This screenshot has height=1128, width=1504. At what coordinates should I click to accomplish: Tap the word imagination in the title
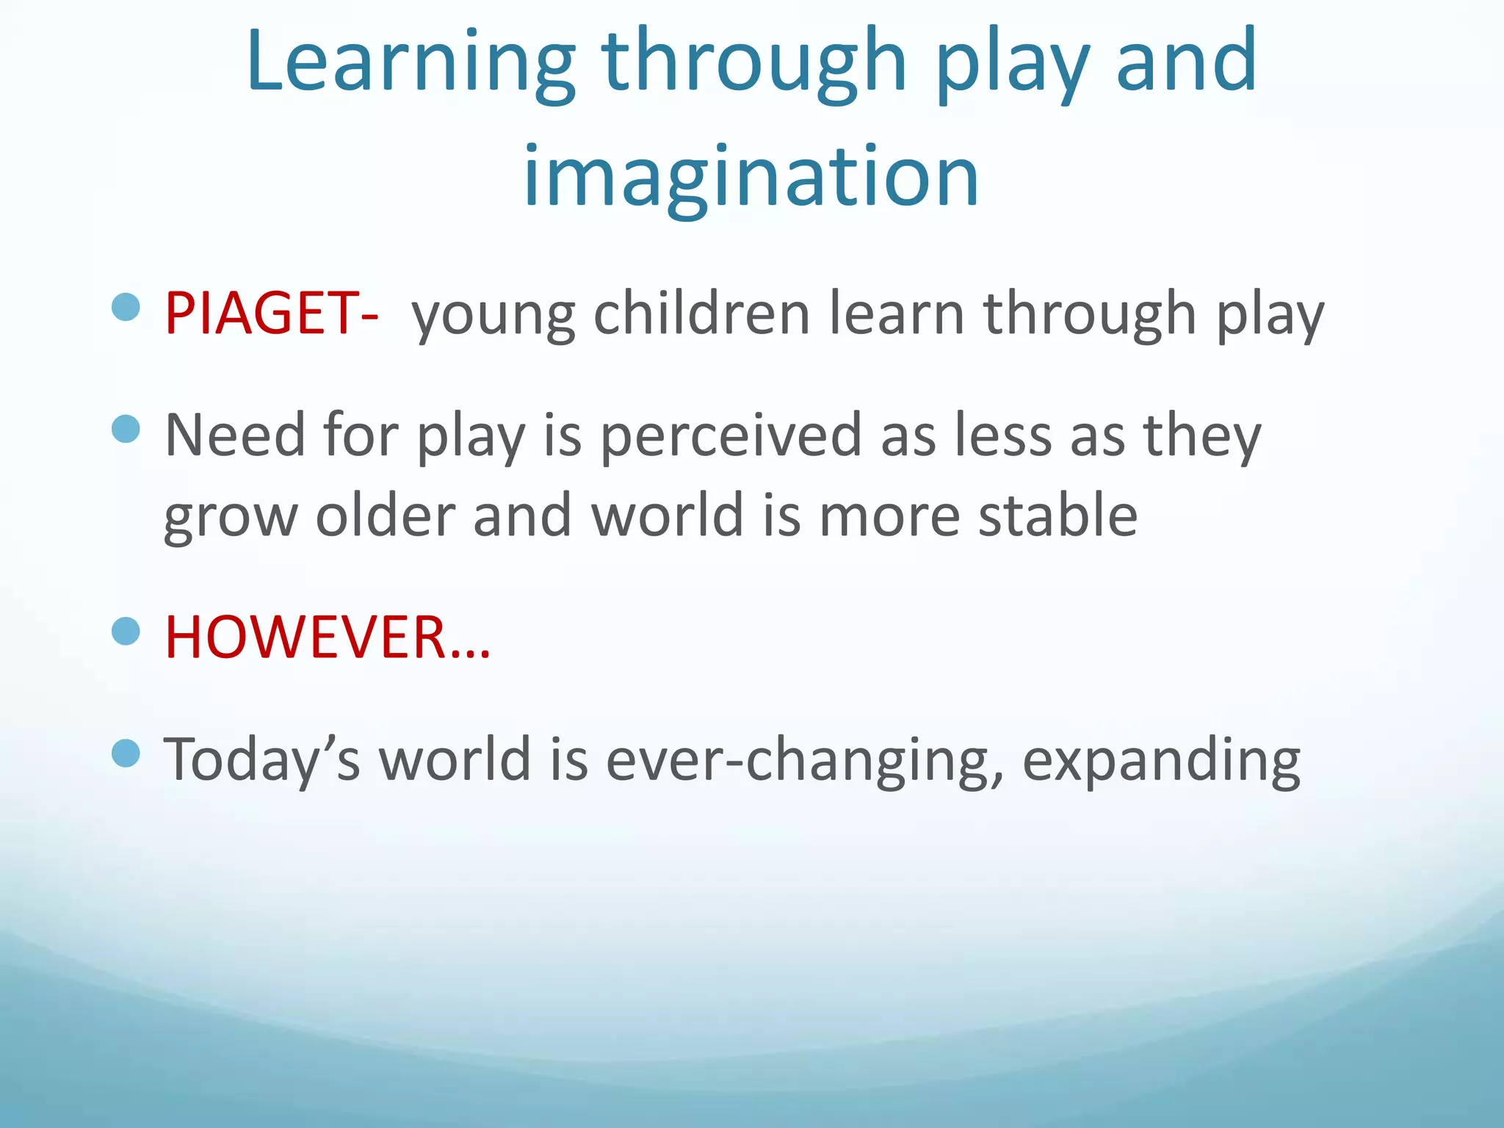click(x=751, y=176)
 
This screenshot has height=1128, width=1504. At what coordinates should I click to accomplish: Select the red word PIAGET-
click(x=271, y=314)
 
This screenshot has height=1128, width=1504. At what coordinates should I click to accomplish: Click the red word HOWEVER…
click(x=327, y=637)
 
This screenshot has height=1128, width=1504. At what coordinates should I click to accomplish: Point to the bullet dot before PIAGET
click(x=126, y=307)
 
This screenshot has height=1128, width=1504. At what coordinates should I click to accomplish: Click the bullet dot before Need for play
click(x=126, y=429)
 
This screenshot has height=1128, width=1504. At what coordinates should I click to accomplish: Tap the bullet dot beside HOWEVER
click(x=126, y=631)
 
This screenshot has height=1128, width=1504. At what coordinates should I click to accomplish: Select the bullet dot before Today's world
click(x=126, y=753)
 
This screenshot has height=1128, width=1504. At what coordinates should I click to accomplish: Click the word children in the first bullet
click(x=701, y=314)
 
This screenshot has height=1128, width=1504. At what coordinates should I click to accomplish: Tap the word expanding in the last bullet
click(x=1161, y=760)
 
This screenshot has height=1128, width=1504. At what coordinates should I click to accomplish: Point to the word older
click(x=385, y=516)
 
